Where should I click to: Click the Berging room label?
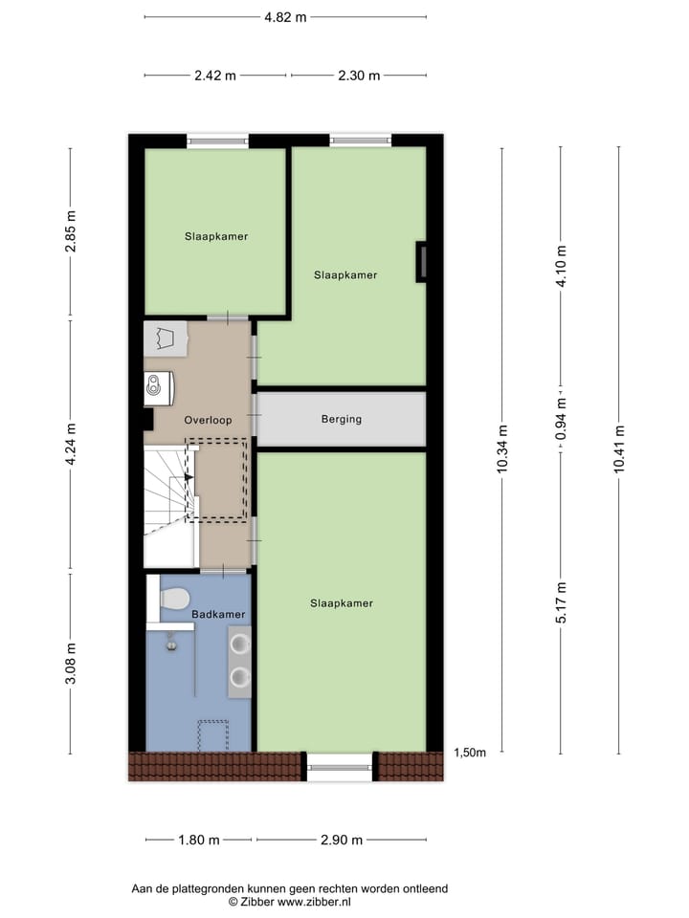[342, 419]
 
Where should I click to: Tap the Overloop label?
[208, 419]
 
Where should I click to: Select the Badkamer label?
[218, 614]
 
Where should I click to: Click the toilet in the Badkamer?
[171, 600]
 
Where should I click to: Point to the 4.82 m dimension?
[286, 16]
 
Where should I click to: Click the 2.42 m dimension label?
[216, 76]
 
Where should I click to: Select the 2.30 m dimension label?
[359, 76]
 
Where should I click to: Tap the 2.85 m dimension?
[70, 231]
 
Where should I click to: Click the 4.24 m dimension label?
[70, 446]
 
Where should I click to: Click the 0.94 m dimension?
[562, 417]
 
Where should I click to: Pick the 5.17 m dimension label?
[562, 602]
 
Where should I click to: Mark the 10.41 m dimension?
[619, 449]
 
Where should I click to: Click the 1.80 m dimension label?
[200, 841]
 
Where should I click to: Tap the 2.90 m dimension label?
[343, 841]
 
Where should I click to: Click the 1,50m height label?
[468, 753]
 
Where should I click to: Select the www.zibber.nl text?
[315, 902]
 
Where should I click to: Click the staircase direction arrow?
[189, 476]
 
